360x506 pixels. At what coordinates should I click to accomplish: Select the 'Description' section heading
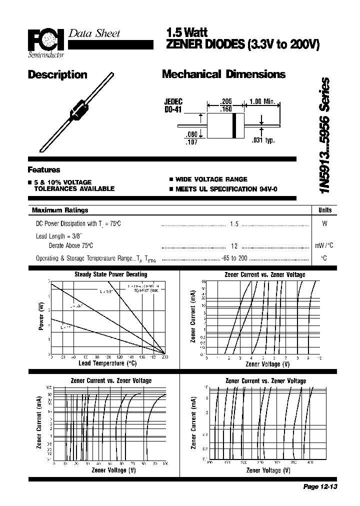coord(57,75)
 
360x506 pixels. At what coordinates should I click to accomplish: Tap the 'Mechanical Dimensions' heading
coord(223,74)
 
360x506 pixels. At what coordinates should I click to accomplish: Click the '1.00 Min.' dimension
coord(262,101)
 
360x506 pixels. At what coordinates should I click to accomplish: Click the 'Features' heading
coord(44,169)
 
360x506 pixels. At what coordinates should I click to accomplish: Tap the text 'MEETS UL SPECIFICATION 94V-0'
coord(225,189)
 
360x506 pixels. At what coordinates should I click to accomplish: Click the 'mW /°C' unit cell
coord(324,246)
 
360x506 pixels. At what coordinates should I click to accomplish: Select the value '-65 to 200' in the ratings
coord(234,258)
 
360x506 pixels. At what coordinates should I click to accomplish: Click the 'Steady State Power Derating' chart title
coord(110,274)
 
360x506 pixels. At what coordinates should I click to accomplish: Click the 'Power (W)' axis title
coord(41,315)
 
